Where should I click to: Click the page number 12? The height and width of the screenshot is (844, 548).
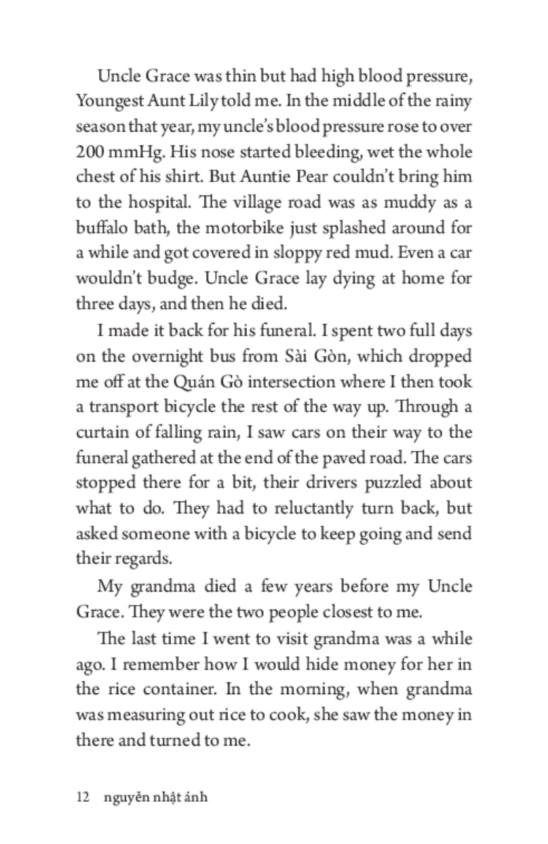(x=82, y=797)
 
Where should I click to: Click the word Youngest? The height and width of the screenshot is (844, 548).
(x=106, y=101)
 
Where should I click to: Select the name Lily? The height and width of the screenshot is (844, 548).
(x=203, y=101)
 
